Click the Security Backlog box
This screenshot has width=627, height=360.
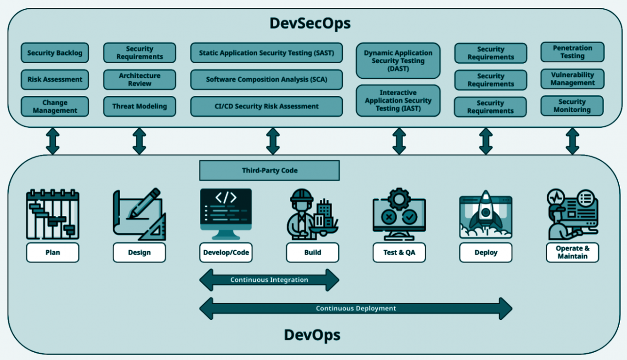[54, 53]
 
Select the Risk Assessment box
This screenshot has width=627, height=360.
[54, 79]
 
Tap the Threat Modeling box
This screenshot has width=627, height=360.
[139, 106]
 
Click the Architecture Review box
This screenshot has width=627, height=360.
[139, 79]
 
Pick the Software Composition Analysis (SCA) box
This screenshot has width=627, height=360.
[266, 79]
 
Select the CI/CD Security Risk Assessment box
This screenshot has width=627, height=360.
[266, 106]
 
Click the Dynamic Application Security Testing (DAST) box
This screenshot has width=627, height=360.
[398, 61]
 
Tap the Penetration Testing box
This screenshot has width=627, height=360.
[572, 52]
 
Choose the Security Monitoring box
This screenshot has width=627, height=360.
[572, 106]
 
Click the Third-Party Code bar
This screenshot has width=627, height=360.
[269, 170]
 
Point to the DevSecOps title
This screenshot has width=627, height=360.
[310, 23]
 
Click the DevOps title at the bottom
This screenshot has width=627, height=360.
[312, 335]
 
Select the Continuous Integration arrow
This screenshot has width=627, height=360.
[269, 280]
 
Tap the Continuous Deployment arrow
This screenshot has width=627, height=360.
[356, 309]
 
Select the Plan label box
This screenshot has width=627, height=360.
[52, 253]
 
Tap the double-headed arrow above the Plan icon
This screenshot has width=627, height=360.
[52, 141]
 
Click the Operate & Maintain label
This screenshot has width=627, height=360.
[572, 252]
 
